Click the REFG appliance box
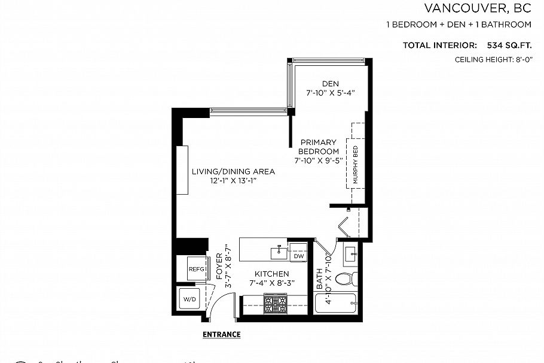pos(195,268)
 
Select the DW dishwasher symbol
pos(298,256)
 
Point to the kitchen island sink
pos(279,252)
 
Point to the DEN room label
pos(330,83)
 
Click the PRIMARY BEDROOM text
pos(319,147)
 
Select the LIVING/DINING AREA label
pos(233,171)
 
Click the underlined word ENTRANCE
pos(221,334)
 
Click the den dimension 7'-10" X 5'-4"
pos(331,93)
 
